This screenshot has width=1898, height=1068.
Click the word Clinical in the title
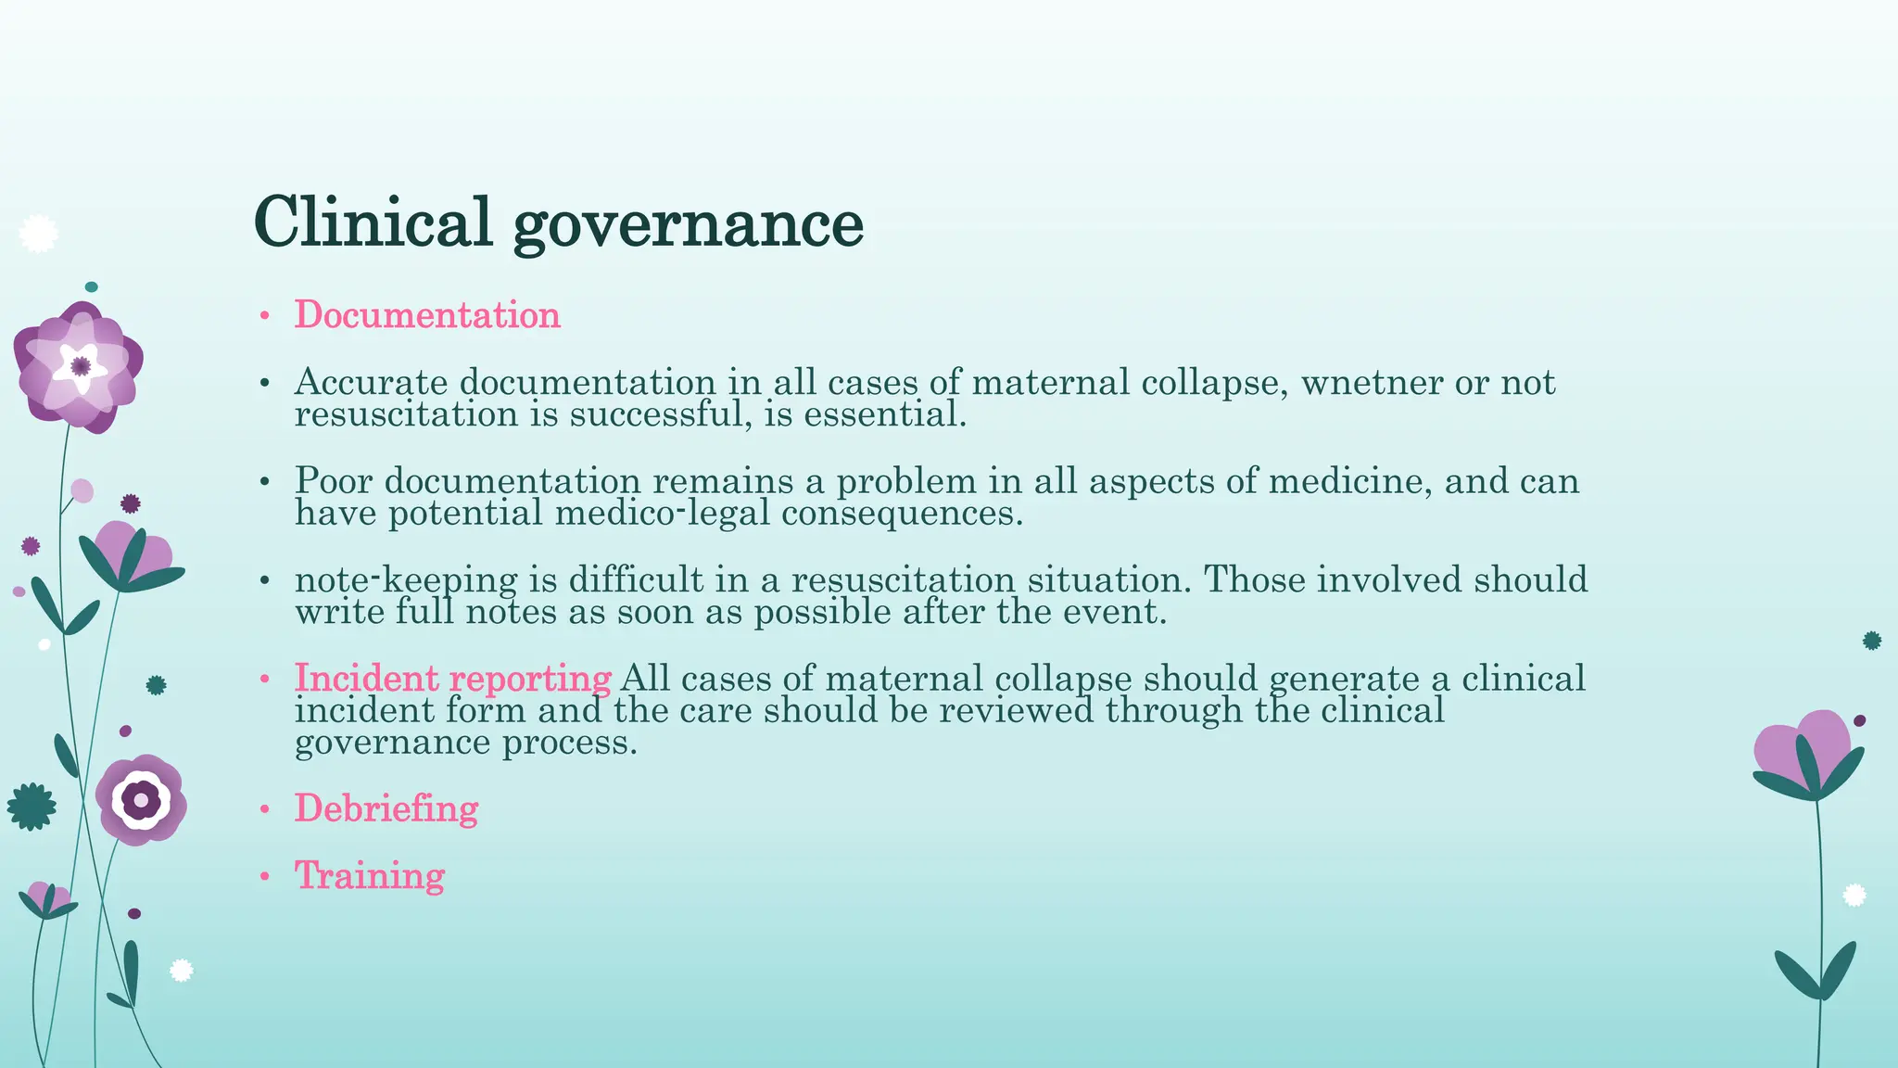[372, 222]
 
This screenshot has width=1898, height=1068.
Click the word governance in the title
[688, 225]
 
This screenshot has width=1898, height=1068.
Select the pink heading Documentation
[427, 315]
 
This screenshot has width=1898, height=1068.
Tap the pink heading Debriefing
[386, 808]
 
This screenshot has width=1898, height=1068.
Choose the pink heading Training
[370, 875]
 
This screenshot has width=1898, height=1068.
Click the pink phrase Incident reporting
[452, 679]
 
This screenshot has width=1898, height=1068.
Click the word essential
[884, 414]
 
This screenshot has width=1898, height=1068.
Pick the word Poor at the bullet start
[334, 481]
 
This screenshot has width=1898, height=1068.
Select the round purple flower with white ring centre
[141, 799]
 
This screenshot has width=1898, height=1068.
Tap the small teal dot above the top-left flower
[91, 287]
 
